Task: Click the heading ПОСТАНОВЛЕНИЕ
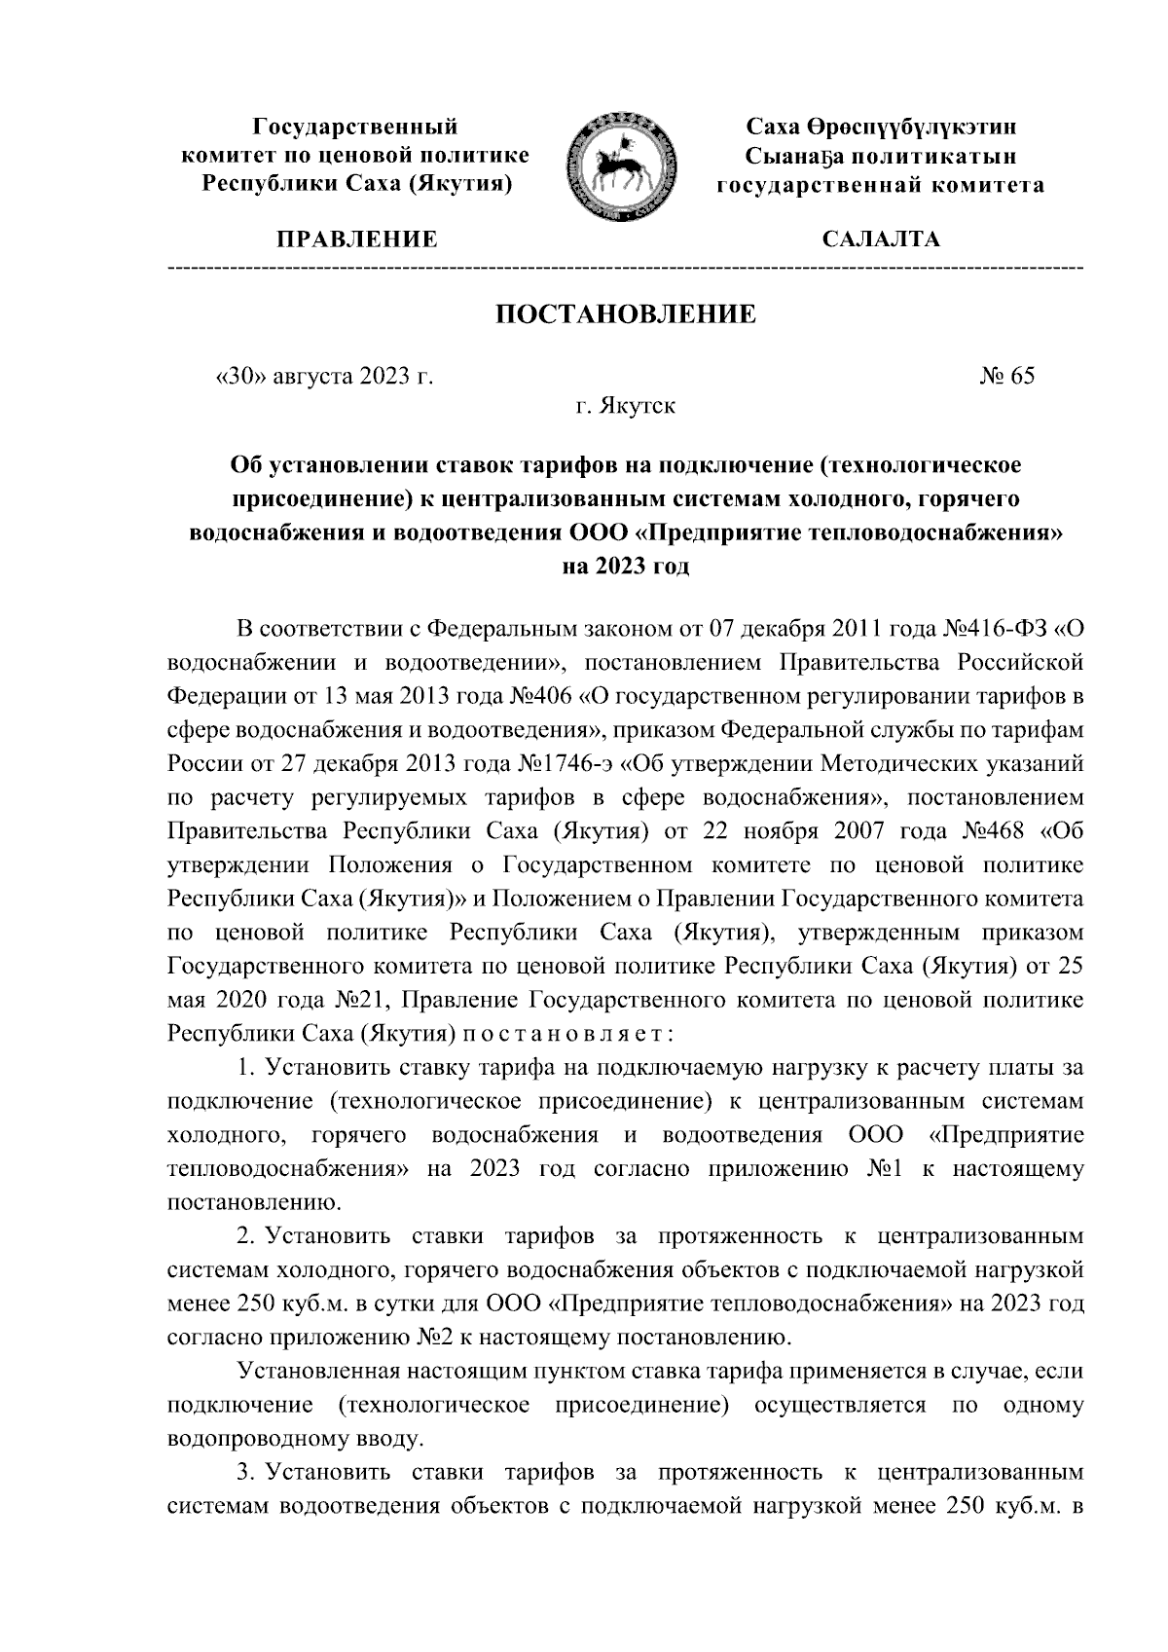tap(626, 314)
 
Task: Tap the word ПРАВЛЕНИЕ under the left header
tap(357, 239)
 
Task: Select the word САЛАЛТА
tap(881, 239)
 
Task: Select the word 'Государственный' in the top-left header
tap(355, 127)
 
